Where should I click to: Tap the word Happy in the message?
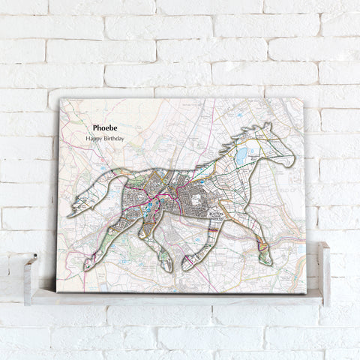[x=94, y=139]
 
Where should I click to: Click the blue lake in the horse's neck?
[x=241, y=157]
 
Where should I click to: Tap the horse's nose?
[x=291, y=160]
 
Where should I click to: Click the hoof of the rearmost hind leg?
[x=89, y=264]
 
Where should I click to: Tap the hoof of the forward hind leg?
[x=167, y=265]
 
